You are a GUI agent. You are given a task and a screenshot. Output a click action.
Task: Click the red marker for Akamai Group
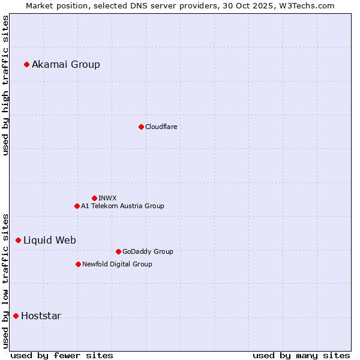tap(26, 64)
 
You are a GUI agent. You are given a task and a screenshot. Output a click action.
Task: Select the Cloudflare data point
tap(141, 127)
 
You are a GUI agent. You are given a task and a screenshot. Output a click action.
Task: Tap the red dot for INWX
tap(94, 198)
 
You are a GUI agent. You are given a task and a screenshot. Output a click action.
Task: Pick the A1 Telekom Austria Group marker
tap(77, 206)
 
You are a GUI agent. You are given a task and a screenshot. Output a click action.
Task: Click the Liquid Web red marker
tap(18, 240)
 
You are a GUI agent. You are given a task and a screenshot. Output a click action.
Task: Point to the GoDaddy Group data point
tap(118, 251)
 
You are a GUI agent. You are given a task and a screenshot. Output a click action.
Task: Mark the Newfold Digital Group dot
tap(78, 264)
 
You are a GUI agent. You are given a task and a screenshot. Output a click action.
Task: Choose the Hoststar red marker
tap(16, 316)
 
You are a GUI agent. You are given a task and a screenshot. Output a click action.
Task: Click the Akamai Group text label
tap(66, 64)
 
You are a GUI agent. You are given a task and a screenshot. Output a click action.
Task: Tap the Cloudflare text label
tap(161, 127)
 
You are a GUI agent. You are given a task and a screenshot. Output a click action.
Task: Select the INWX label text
tap(107, 198)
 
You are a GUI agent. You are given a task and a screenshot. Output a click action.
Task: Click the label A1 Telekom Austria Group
tap(122, 206)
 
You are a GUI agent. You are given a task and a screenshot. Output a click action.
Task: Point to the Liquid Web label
tap(50, 240)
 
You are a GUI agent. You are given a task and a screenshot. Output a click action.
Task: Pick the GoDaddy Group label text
tap(148, 251)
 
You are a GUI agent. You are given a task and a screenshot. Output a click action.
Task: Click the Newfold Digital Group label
tap(117, 264)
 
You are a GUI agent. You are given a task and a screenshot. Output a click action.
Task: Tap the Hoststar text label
tap(41, 316)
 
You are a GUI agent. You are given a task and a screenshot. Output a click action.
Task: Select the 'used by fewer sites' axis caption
tap(62, 355)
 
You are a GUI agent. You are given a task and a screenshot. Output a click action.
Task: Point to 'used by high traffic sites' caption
tap(6, 85)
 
